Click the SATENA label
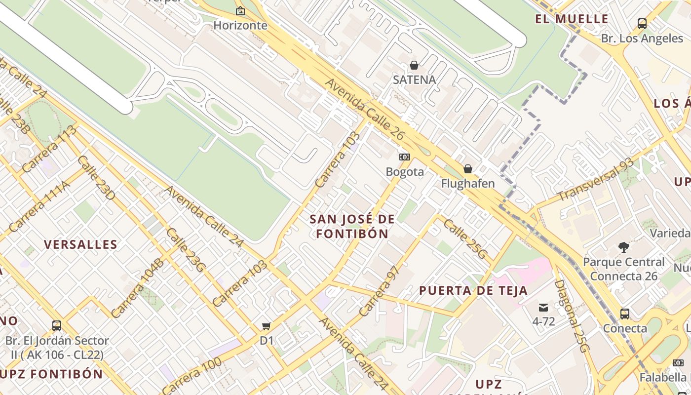[x=414, y=79]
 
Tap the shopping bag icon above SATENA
[x=414, y=65]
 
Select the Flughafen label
[x=467, y=184]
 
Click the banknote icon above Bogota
[x=405, y=157]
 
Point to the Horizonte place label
[x=240, y=25]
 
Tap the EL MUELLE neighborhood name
[x=572, y=19]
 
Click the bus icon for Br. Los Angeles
[x=642, y=23]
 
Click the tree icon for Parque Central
[x=624, y=247]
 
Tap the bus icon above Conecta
[x=625, y=314]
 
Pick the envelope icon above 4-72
[x=543, y=307]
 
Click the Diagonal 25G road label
[x=572, y=316]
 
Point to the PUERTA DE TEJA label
[x=473, y=291]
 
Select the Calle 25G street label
[x=465, y=239]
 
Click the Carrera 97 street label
[x=379, y=292]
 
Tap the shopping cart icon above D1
[x=267, y=326]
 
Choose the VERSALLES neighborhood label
[x=81, y=244]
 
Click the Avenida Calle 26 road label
[x=365, y=110]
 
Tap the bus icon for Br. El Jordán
[x=57, y=326]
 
